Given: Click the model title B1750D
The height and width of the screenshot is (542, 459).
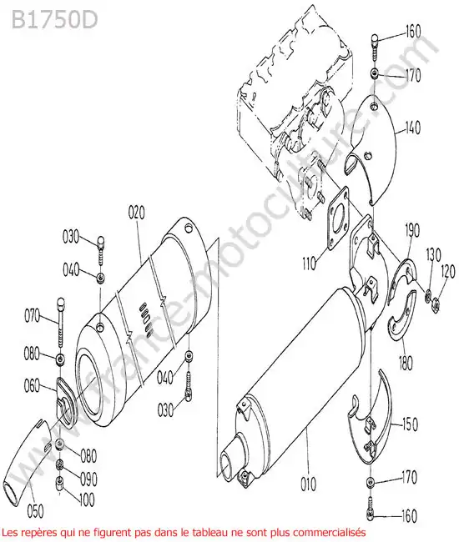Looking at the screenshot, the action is (54, 20).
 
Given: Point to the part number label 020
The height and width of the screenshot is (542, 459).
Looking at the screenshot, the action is (136, 213).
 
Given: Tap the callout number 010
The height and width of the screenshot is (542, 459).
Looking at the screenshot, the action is (308, 484).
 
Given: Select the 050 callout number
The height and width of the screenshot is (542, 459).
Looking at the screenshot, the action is (35, 511).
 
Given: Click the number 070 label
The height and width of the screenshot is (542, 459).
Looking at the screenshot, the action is (33, 315).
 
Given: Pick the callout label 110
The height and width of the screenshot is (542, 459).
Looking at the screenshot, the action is (309, 263).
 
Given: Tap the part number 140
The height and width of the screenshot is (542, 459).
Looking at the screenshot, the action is (412, 128).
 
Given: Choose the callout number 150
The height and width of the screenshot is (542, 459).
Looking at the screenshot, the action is (410, 424).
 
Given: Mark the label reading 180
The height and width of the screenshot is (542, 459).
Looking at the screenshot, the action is (405, 363).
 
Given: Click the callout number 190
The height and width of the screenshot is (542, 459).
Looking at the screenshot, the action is (411, 230).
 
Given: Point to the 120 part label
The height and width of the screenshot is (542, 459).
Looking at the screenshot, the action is (448, 272).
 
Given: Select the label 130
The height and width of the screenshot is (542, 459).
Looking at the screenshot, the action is (433, 255).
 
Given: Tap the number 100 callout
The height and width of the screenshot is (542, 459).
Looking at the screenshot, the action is (87, 499).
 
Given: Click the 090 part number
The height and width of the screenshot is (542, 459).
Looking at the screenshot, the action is (88, 479).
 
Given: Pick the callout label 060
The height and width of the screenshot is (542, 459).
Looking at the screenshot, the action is (33, 386).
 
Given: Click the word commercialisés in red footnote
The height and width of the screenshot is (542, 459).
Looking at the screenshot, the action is (330, 530).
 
